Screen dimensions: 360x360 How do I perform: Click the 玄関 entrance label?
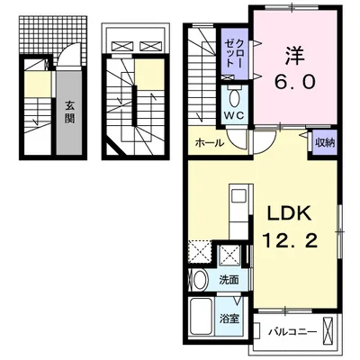click(x=69, y=112)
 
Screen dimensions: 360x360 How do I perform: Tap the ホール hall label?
click(x=210, y=143)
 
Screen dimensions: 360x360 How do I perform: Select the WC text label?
click(x=236, y=115)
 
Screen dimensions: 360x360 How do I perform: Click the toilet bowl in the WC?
click(x=233, y=97)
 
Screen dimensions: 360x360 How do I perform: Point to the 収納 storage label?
click(x=324, y=143)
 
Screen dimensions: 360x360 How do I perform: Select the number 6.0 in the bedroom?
click(x=295, y=82)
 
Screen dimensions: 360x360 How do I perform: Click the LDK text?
click(x=289, y=214)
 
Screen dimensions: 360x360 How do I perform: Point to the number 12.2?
click(x=290, y=240)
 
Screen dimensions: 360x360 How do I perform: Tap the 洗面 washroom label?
click(x=229, y=280)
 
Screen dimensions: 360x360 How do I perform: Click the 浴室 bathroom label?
click(x=229, y=319)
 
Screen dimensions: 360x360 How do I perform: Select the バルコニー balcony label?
click(x=292, y=332)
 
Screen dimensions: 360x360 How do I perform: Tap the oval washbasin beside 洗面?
click(x=200, y=280)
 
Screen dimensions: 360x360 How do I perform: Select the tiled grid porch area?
click(x=53, y=33)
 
